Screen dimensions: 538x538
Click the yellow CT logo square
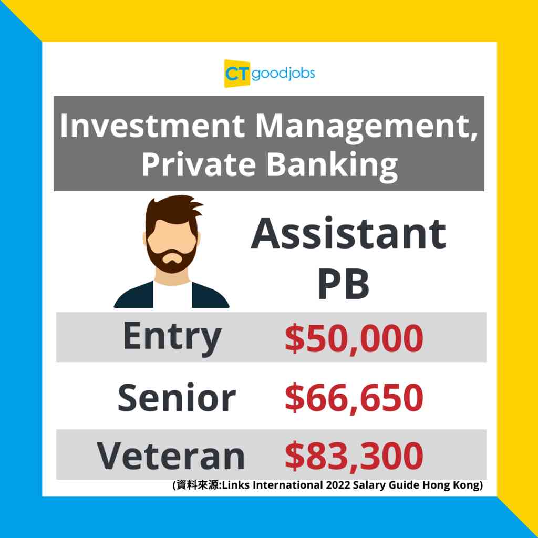coord(237,73)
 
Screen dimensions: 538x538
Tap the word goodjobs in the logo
coord(283,73)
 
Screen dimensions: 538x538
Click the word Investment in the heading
coord(153,126)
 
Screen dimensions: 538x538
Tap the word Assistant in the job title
coord(348,233)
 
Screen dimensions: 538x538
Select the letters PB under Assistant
coord(344,284)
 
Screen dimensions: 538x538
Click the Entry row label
coord(172,338)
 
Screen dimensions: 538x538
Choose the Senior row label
coord(177,397)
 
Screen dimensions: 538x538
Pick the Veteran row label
coord(171,456)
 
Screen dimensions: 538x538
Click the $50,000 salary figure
coord(354,339)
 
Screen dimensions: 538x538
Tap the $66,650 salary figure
coord(354,398)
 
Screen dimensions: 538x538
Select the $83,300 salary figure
coord(354,457)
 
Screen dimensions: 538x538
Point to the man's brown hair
coord(173,211)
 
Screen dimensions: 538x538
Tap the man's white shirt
coord(172,296)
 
